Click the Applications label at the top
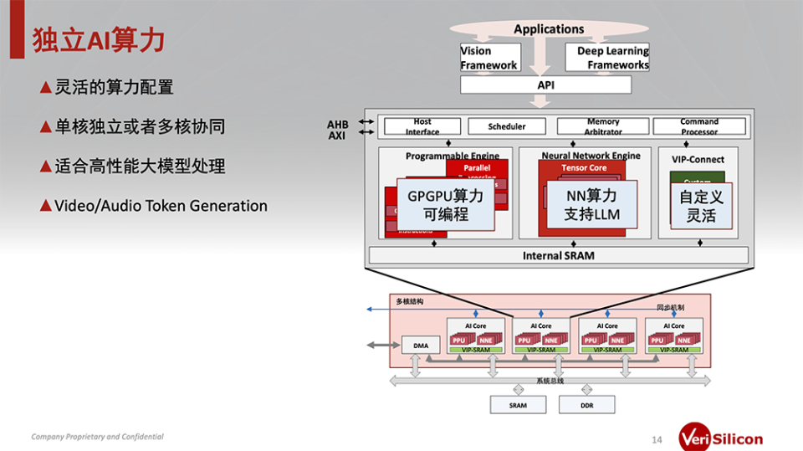click(x=549, y=29)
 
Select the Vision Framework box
click(x=488, y=58)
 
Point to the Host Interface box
click(x=422, y=126)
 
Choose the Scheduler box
click(x=507, y=126)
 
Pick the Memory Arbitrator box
click(x=603, y=126)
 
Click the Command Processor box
click(x=698, y=126)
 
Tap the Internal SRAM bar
click(x=558, y=255)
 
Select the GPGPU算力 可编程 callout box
click(x=444, y=205)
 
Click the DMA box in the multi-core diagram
click(x=421, y=345)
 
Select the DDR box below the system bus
click(x=587, y=404)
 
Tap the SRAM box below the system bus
click(x=519, y=404)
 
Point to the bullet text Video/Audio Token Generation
click(x=161, y=206)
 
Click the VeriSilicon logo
click(x=720, y=438)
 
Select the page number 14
click(x=657, y=439)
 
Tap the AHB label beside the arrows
click(x=337, y=125)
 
